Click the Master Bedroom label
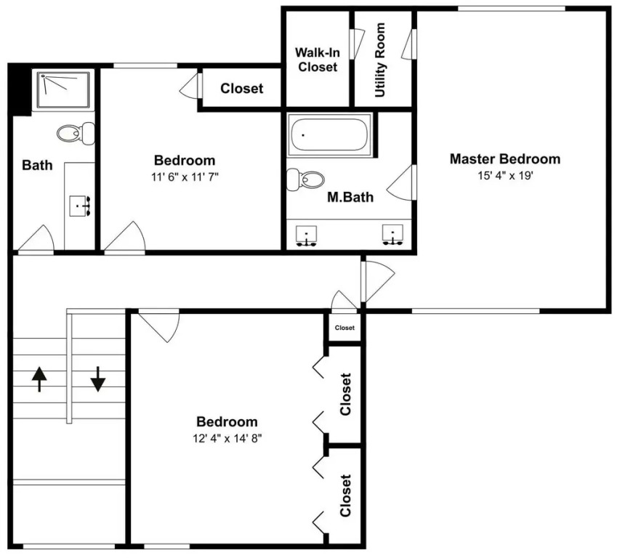pos(505,159)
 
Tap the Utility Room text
pos(380,60)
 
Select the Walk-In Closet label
pos(318,60)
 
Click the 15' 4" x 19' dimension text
pos(505,176)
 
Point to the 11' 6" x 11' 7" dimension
pos(185,177)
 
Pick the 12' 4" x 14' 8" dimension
pos(227,438)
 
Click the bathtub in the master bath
pos(329,135)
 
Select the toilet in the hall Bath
pos(76,134)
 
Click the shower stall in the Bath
pos(63,89)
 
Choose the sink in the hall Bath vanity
pos(80,206)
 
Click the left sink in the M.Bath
pos(306,236)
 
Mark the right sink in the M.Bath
pos(392,235)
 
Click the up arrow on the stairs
pos(39,379)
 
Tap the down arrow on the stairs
pos(97,379)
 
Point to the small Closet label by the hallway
pos(344,328)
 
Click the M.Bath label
pos(350,197)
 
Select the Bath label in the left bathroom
pos(37,165)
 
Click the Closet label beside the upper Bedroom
pos(241,89)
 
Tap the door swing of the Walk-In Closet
pos(358,44)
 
